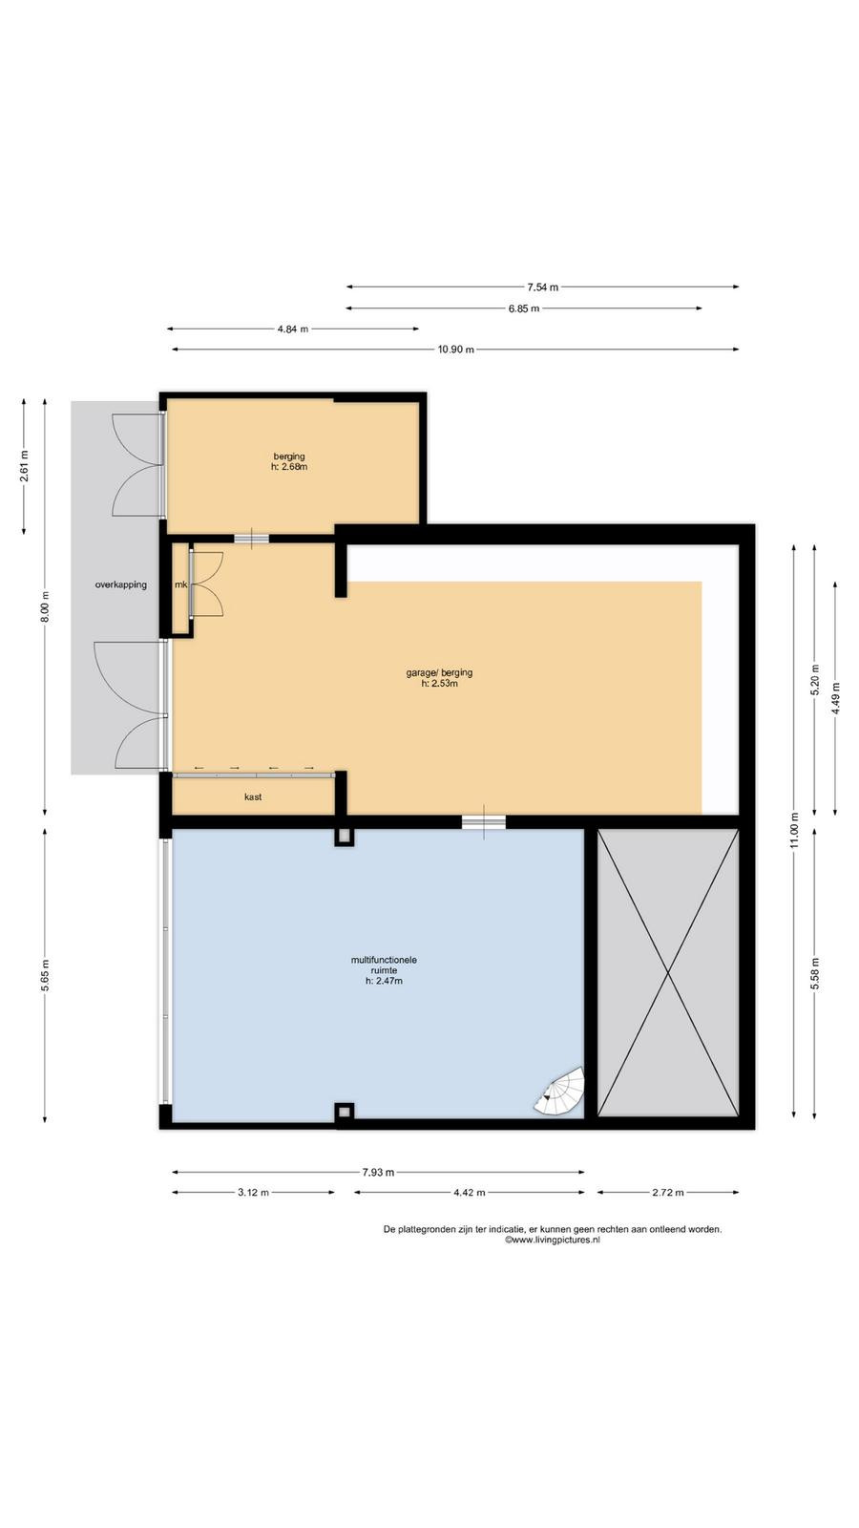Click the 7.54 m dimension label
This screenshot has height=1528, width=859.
(543, 287)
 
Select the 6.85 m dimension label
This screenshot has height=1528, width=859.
(524, 308)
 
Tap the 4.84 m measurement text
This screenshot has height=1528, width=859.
(292, 329)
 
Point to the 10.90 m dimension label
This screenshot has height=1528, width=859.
(456, 350)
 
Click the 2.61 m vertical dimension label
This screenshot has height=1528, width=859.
(24, 466)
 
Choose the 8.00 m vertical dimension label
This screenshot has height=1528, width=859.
(45, 606)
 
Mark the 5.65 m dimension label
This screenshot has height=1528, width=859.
(45, 976)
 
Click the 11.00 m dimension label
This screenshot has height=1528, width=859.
(794, 831)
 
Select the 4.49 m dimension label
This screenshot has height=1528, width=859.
(836, 698)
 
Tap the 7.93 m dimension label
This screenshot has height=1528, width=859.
(378, 1172)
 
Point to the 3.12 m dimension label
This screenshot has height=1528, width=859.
(253, 1193)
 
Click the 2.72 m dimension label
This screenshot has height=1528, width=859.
(667, 1193)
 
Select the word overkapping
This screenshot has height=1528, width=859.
(120, 584)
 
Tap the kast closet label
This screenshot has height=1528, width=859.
(253, 796)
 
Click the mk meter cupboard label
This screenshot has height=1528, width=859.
(180, 584)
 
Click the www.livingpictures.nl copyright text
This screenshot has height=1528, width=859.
(553, 1241)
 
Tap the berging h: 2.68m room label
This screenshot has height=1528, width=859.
(289, 462)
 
